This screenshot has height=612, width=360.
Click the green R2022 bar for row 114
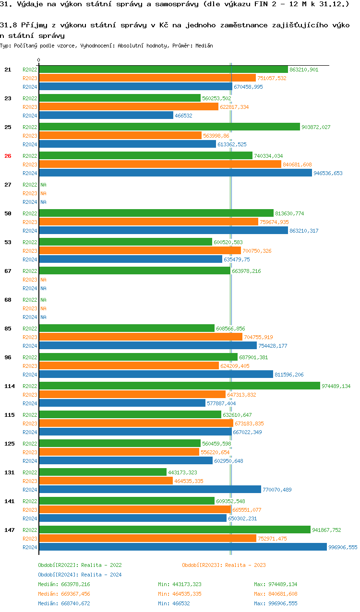179,386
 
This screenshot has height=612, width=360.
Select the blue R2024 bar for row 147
182,547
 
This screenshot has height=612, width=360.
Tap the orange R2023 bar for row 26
160,165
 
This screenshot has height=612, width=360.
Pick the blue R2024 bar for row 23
106,116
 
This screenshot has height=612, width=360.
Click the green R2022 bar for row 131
103,472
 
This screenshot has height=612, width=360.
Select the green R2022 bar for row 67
134,271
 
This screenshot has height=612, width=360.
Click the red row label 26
8,156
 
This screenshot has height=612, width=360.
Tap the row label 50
8,213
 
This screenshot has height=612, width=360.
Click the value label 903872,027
316,127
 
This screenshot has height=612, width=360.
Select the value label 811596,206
289,375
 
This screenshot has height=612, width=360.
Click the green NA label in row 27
43,185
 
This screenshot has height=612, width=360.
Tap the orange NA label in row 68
43,308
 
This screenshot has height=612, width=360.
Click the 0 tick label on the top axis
39,60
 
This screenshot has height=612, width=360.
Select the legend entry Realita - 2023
224,565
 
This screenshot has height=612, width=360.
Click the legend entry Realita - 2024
80,575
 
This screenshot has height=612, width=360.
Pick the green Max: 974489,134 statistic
276,584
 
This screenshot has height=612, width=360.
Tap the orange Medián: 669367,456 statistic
64,594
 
